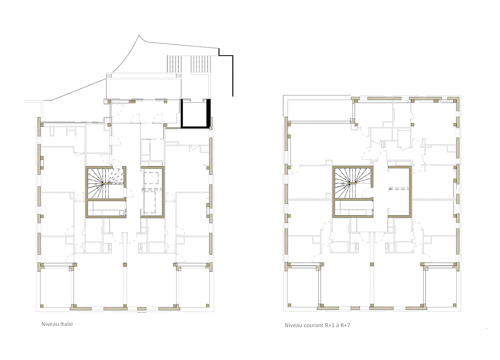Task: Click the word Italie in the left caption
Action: pos(67,324)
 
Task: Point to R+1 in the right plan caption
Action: pos(330,325)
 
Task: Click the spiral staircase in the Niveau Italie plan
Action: pos(105,183)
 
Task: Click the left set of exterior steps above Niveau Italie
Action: pos(174,64)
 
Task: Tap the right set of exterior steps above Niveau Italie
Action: pos(201,64)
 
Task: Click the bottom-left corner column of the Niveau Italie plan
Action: pos(42,306)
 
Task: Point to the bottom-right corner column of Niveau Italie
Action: pos(208,305)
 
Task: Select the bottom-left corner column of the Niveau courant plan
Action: pos(290,305)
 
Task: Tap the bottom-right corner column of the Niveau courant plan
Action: pos(454,305)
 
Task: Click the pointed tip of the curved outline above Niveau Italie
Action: pos(139,35)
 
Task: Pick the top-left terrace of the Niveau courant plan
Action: pos(319,109)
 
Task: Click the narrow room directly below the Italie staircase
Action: pos(106,209)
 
